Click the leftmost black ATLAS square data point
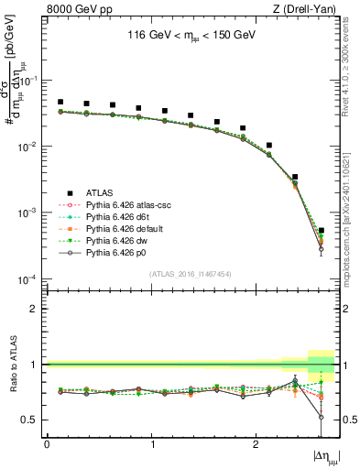click(x=60, y=103)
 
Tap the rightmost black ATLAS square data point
click(x=321, y=231)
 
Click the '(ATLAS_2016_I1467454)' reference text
click(x=183, y=273)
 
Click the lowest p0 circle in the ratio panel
click(x=321, y=417)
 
